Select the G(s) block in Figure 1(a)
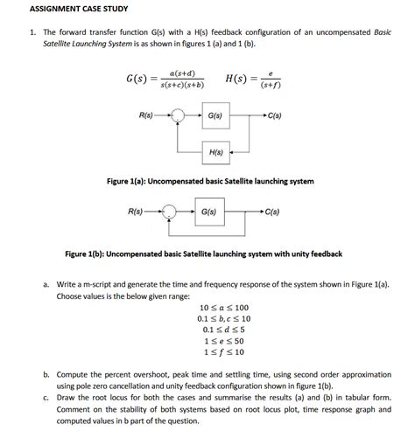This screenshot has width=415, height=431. [x=215, y=115]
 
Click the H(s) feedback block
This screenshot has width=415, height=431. [x=215, y=153]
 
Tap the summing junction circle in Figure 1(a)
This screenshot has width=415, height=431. [x=179, y=115]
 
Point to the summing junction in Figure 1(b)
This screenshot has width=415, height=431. [x=170, y=212]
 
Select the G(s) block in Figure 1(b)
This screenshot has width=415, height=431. [x=208, y=212]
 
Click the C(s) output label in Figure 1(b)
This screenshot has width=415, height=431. [x=271, y=212]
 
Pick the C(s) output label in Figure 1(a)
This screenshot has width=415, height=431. [x=275, y=115]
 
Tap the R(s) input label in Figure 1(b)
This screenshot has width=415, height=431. [x=136, y=212]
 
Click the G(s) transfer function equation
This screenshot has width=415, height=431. [x=166, y=80]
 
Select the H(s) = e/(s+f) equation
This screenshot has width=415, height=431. [x=253, y=80]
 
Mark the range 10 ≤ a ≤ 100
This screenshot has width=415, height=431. [x=224, y=308]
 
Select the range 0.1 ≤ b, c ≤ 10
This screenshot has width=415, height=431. [x=224, y=318]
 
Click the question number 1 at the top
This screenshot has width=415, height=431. [x=32, y=32]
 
